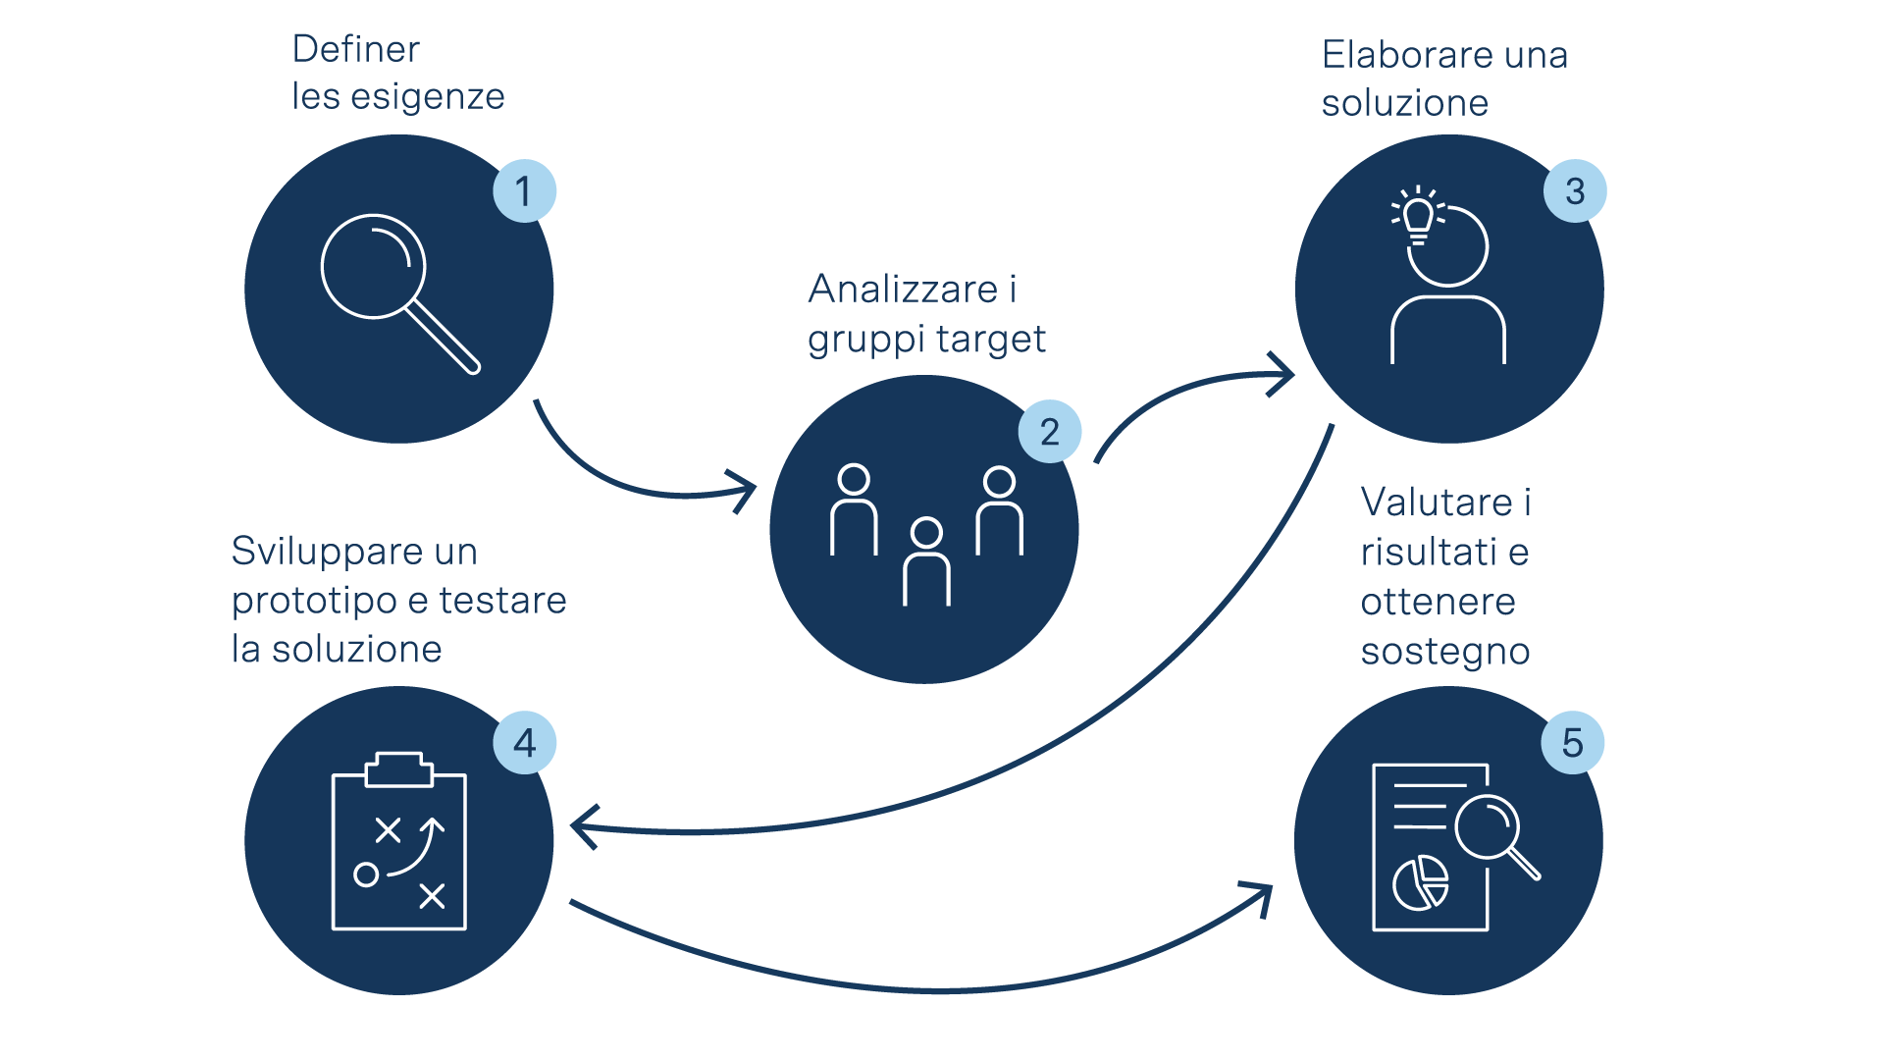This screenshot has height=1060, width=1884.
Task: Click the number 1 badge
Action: click(x=524, y=190)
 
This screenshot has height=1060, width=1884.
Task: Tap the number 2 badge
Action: click(x=1049, y=432)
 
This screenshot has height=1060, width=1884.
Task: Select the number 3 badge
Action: click(x=1575, y=190)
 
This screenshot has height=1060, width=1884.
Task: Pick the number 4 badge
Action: click(x=524, y=743)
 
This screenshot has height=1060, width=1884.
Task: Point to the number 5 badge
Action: click(x=1573, y=743)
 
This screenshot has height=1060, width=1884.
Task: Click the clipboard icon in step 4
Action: click(x=399, y=842)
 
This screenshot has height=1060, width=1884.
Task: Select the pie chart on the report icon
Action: click(x=1421, y=882)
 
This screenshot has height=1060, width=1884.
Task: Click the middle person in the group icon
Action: click(x=926, y=561)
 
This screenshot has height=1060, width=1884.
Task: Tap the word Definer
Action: click(x=356, y=49)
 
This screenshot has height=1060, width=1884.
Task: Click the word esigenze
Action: click(x=428, y=97)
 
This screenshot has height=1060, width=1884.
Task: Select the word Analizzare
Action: click(x=903, y=290)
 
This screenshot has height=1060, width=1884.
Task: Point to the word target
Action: click(x=987, y=339)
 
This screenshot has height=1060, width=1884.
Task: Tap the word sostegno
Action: click(x=1445, y=651)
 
